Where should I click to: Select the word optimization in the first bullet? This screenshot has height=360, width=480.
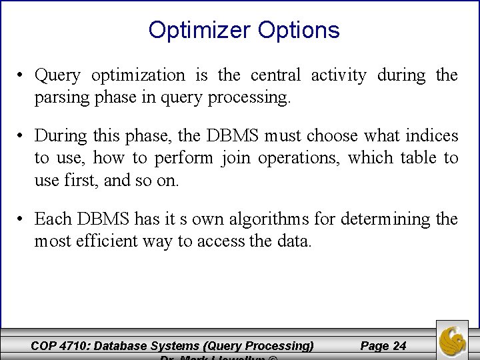click(x=139, y=76)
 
